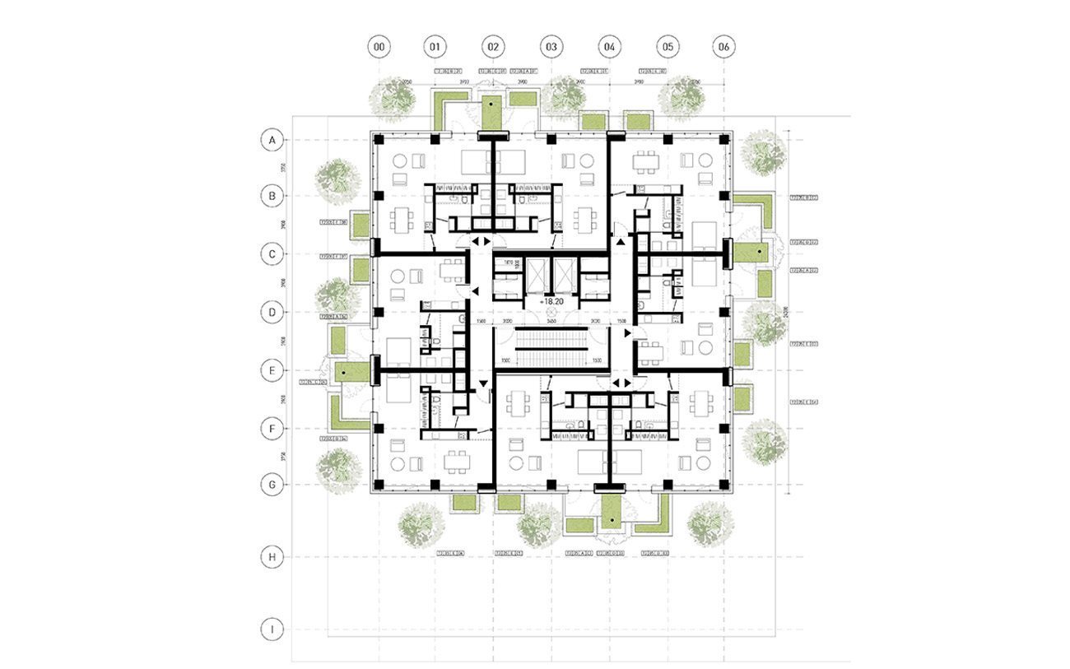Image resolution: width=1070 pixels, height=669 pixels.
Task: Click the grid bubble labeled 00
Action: tap(378, 47)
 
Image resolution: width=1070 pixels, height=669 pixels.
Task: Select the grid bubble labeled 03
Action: tap(551, 47)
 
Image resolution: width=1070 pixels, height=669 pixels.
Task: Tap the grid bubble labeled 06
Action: tap(723, 47)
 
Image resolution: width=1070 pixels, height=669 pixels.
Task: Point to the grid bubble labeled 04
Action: tap(609, 47)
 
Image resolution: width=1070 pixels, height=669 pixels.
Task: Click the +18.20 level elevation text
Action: tap(551, 302)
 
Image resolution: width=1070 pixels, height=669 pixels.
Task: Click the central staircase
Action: tap(550, 345)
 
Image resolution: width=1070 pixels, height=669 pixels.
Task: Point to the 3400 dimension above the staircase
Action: tap(550, 323)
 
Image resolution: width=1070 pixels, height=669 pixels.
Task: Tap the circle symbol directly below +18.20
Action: tap(551, 312)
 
